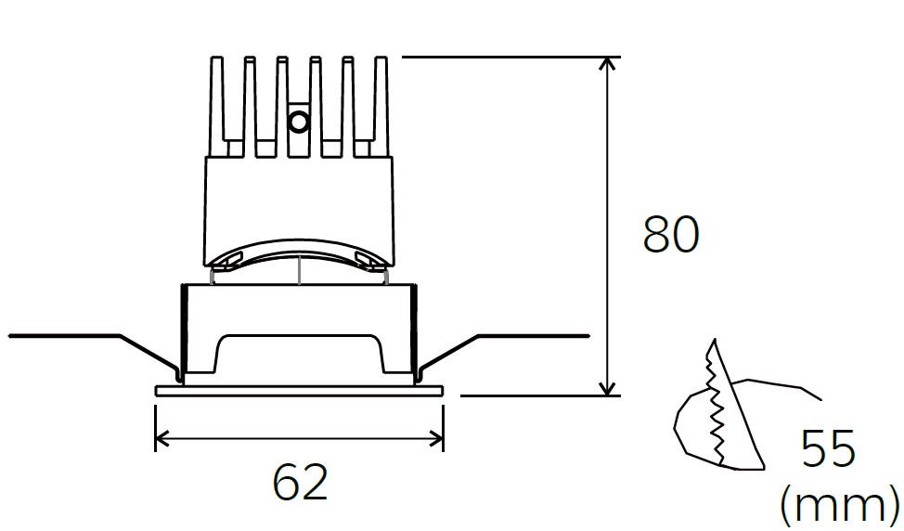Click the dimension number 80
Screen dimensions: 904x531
pos(670,235)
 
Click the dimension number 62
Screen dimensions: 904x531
pos(300,482)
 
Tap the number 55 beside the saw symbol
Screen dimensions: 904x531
pos(828,448)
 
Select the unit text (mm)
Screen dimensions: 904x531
pos(840,505)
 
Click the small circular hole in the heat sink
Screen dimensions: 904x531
pos(299,122)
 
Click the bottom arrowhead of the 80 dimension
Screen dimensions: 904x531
pos(606,389)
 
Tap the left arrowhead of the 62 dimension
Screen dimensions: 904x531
pos(162,439)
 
